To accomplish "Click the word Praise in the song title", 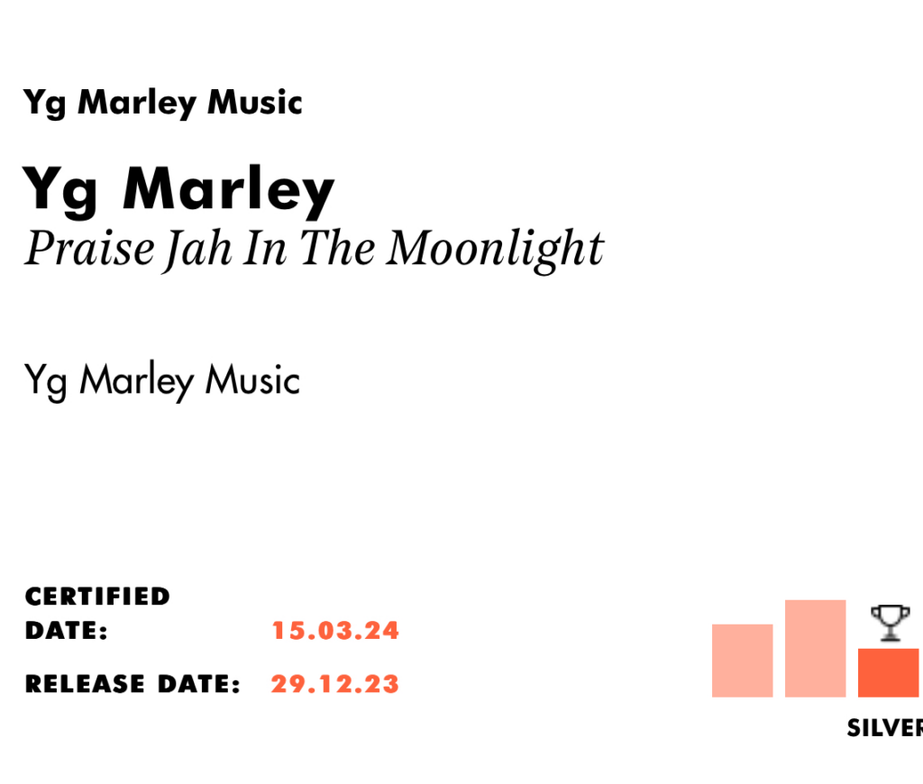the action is pos(90,248).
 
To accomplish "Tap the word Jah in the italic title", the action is pos(197,251).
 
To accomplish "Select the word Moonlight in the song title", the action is pos(496,251).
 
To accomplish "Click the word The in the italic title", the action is pos(337,248).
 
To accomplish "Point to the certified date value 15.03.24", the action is pos(335,631).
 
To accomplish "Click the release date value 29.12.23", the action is pos(335,684).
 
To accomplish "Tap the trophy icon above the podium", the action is pos(890,623).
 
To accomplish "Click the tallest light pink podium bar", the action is pos(815,649).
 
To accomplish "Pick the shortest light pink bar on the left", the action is pos(743,661).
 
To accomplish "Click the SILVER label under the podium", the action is pos(885,728).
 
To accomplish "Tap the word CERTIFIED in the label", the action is pos(97,597).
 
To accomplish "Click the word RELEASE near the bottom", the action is pos(85,684).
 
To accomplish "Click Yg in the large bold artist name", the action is pos(60,191).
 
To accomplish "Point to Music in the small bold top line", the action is pos(255,103).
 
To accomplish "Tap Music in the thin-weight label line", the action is pos(252,379).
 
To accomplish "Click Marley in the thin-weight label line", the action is pos(137,381).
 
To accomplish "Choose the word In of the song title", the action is pos(266,249).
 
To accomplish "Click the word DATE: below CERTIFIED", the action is pos(67,631).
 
